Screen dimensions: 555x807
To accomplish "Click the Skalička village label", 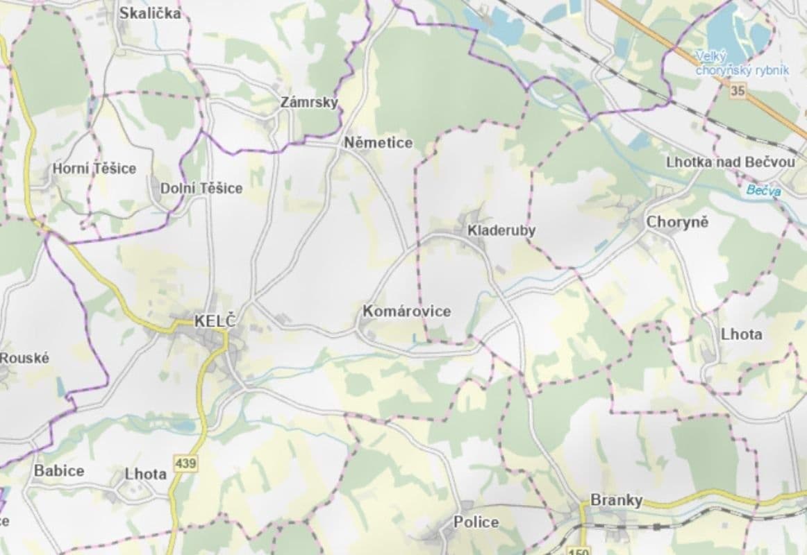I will click(150, 13).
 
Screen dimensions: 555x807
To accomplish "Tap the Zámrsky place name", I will click(309, 103).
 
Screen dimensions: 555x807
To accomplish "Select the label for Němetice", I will click(378, 143).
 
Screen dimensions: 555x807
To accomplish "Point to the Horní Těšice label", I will click(94, 169).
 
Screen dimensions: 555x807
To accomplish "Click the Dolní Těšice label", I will click(201, 188).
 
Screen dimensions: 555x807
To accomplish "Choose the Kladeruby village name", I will click(501, 230).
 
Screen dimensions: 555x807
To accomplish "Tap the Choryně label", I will click(677, 223).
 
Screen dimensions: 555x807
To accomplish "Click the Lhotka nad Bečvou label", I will click(730, 162).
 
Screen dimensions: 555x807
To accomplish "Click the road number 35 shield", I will click(738, 90).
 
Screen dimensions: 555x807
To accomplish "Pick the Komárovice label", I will click(406, 311).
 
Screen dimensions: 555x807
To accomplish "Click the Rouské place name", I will click(25, 358).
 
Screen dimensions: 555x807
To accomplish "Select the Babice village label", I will click(59, 470).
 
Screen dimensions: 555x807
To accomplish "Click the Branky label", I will click(616, 500).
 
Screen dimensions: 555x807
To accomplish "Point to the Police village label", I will click(476, 522).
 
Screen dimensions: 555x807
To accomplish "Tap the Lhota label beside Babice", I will click(146, 474).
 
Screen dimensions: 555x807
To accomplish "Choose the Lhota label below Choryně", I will click(741, 334).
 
